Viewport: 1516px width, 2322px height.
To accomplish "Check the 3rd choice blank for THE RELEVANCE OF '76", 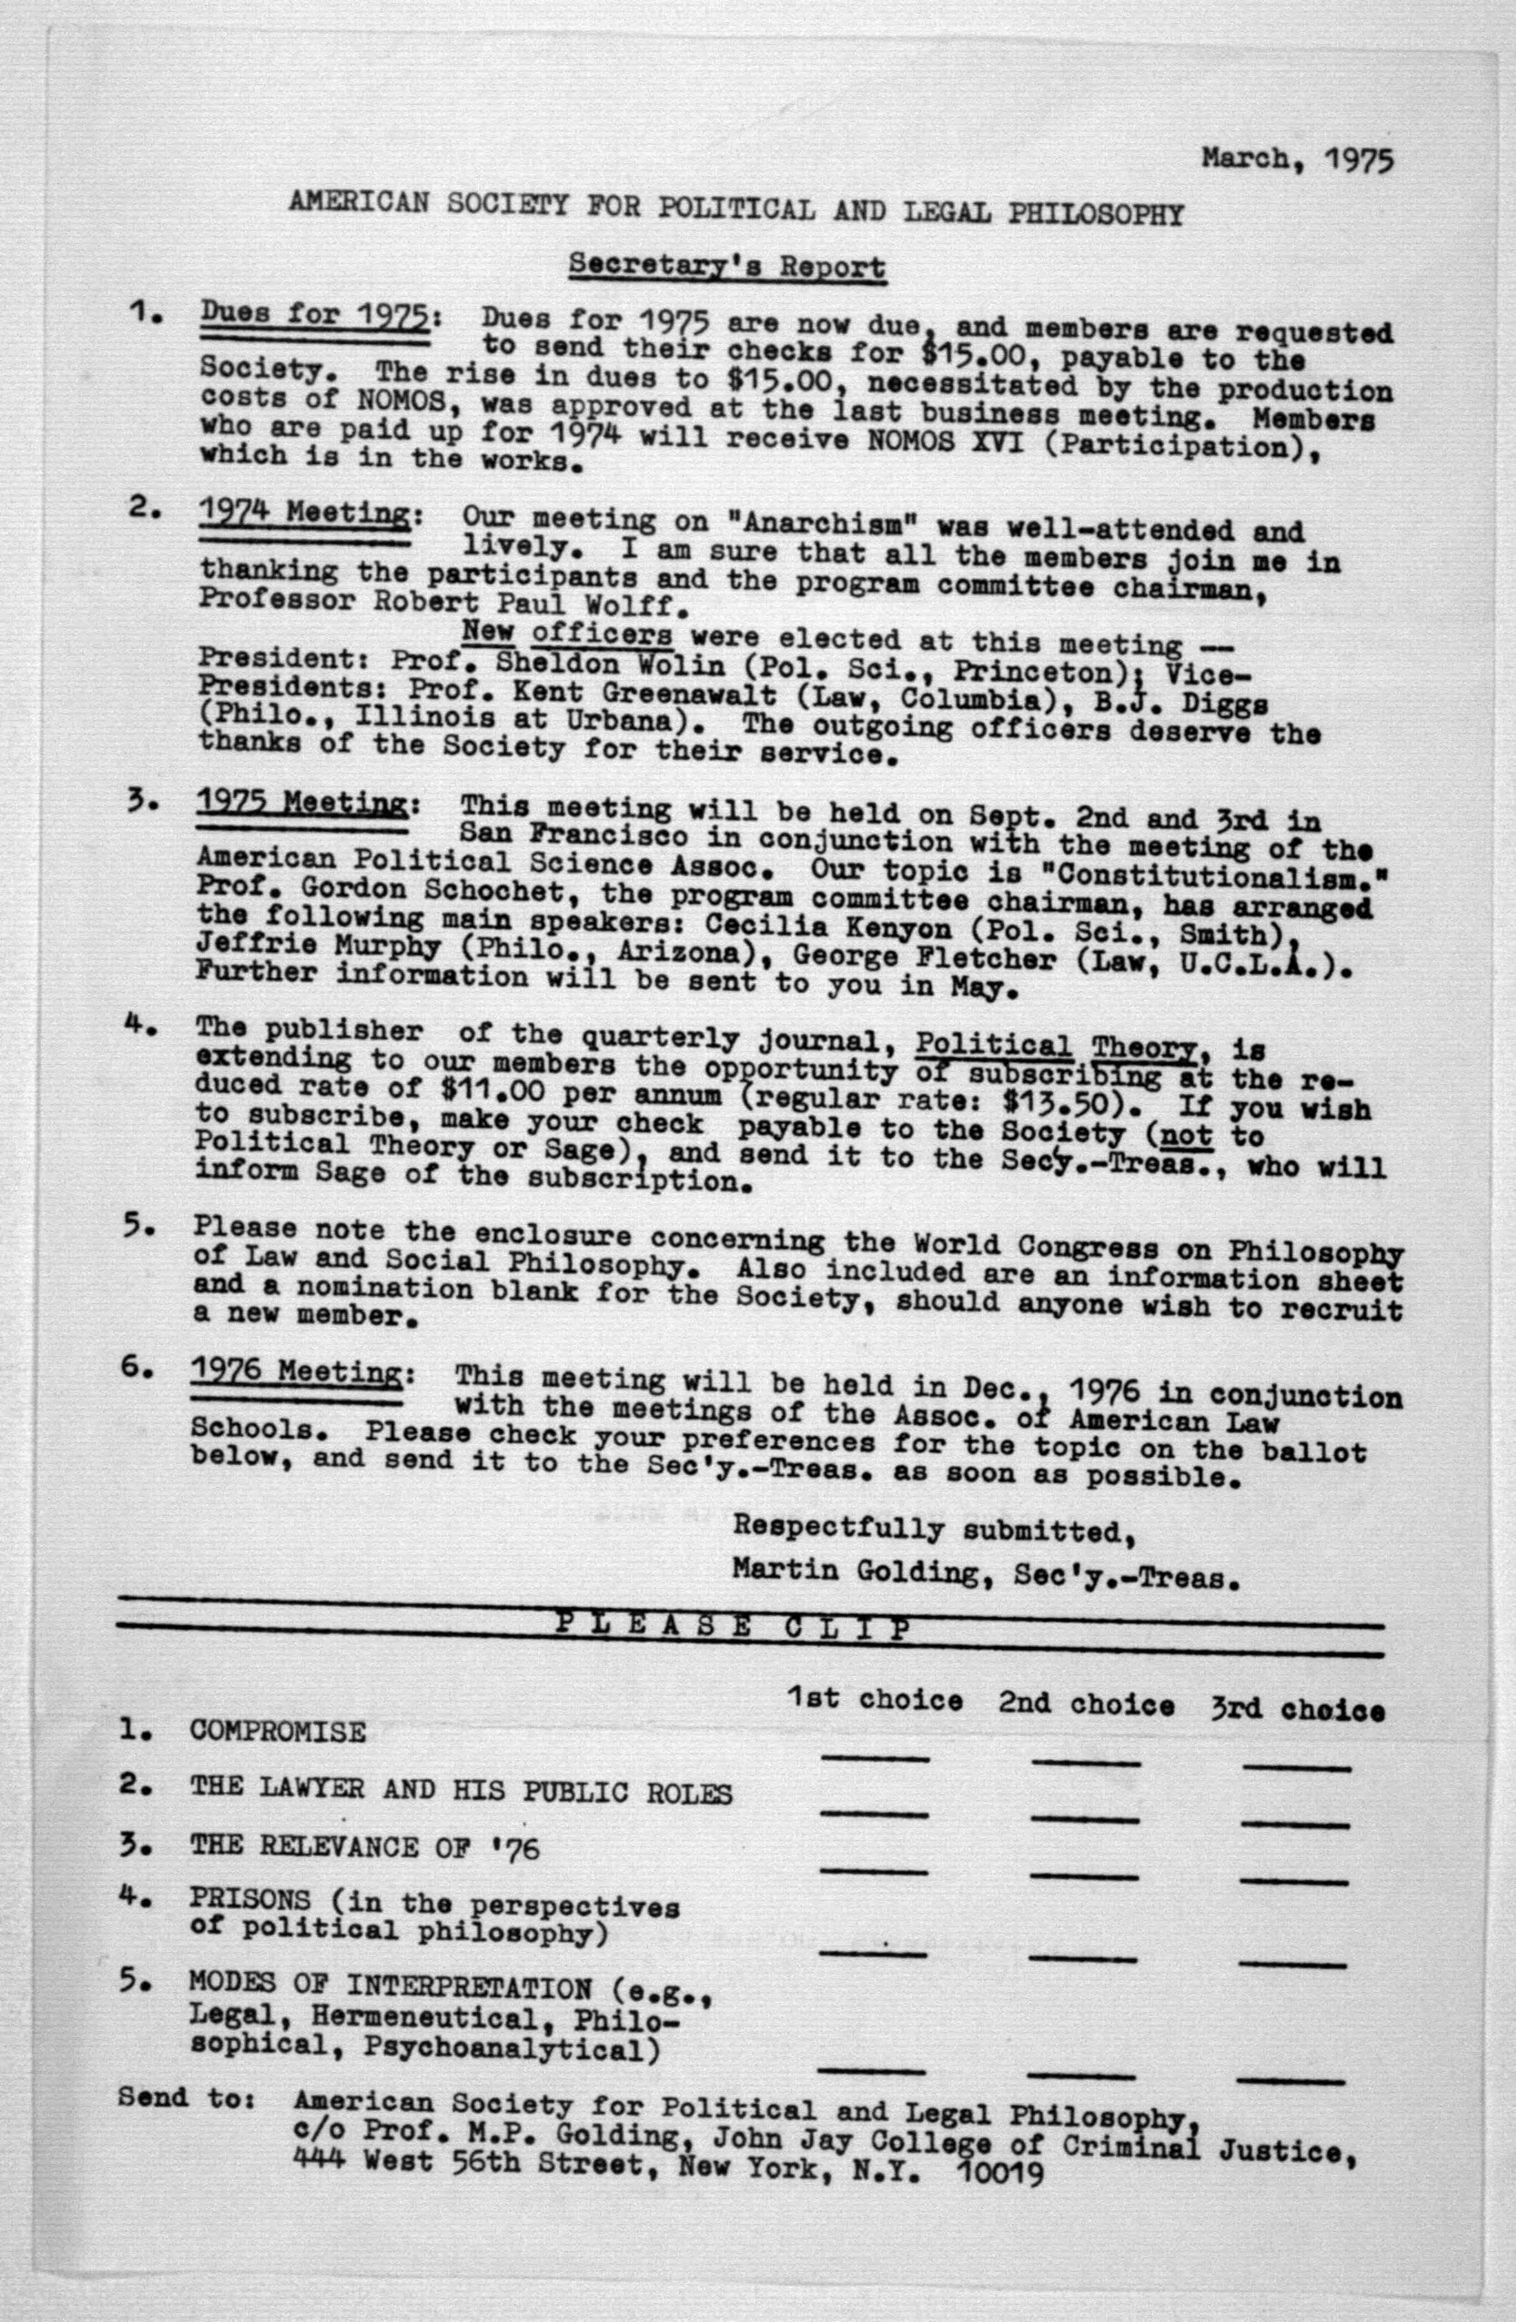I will tap(1296, 1878).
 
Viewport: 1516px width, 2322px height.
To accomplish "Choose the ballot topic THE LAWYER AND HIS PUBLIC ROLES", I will tap(461, 1791).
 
